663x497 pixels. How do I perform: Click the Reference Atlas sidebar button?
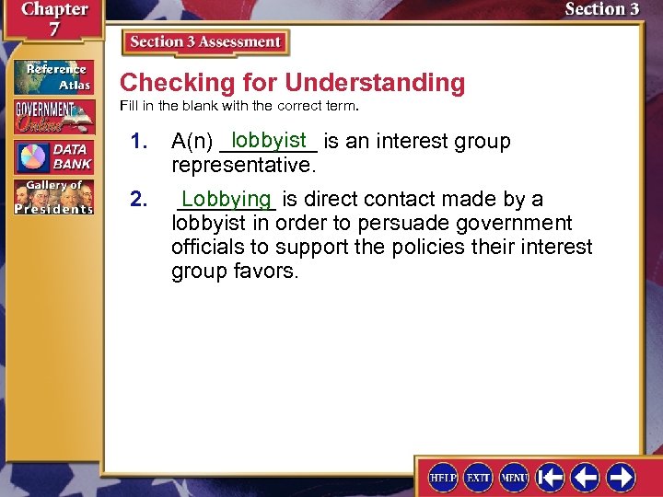click(52, 76)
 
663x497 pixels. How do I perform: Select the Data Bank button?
click(52, 156)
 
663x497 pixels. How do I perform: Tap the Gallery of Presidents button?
click(52, 196)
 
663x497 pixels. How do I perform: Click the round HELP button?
click(443, 477)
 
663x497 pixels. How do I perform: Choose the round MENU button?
click(513, 477)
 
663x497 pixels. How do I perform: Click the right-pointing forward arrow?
click(620, 477)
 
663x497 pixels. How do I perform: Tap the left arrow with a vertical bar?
click(551, 477)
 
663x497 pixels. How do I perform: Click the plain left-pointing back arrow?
click(585, 477)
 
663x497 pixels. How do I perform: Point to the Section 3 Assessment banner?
click(205, 42)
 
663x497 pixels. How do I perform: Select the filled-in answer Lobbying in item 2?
click(227, 199)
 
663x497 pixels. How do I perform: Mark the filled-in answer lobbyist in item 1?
click(269, 140)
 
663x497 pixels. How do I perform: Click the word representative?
click(243, 166)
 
